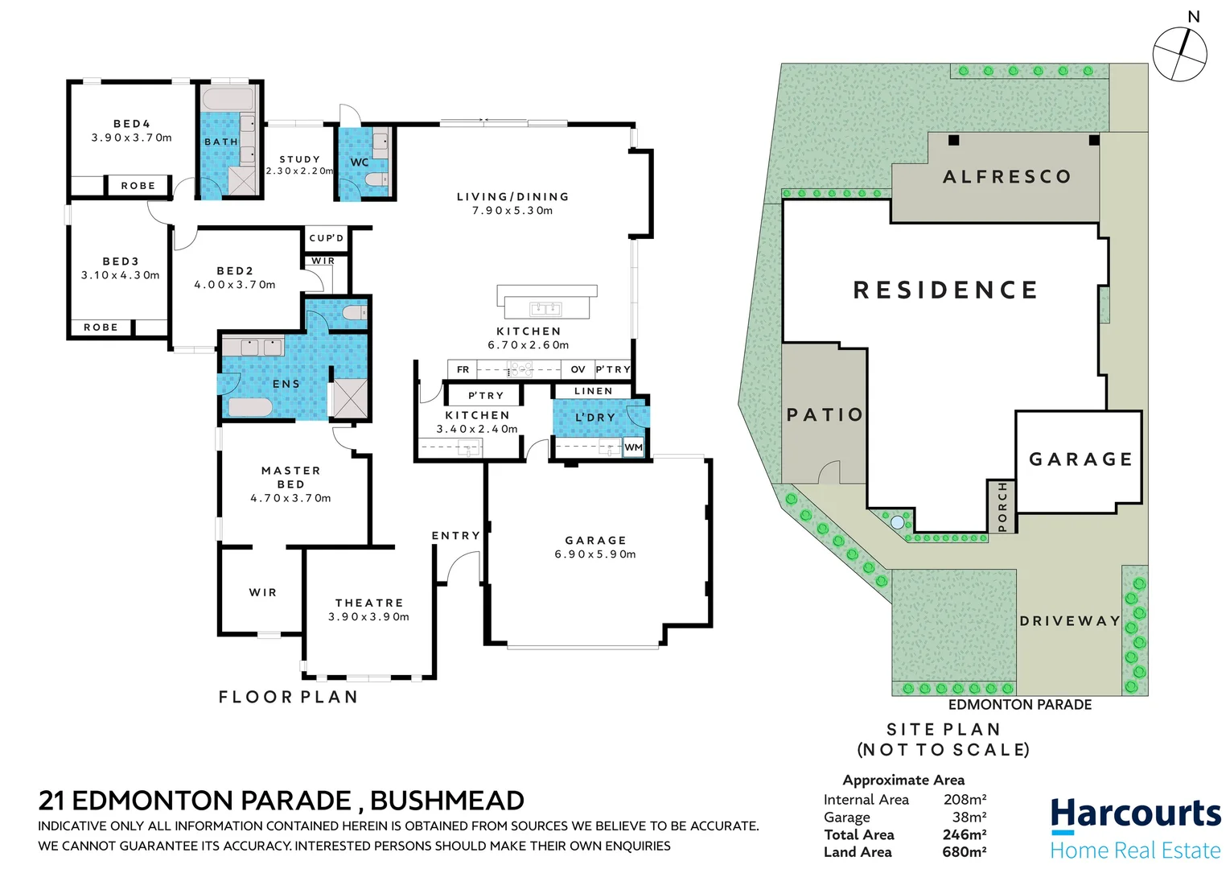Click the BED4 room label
point(132,124)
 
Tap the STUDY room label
point(300,159)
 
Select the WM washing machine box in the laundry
point(634,447)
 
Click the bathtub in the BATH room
point(228,101)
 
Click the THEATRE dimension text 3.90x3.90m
point(368,617)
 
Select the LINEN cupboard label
point(594,391)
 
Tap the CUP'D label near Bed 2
point(327,238)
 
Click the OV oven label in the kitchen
point(578,369)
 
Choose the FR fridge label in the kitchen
point(463,369)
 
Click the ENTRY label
point(455,536)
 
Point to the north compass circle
point(1179,55)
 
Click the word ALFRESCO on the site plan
point(1007,177)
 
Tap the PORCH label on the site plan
point(1002,507)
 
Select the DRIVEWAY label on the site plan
point(1070,621)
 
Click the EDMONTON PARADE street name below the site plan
point(1020,705)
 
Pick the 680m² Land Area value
point(965,852)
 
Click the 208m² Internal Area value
point(965,800)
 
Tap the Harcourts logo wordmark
point(1135,813)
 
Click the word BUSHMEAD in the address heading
point(447,801)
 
